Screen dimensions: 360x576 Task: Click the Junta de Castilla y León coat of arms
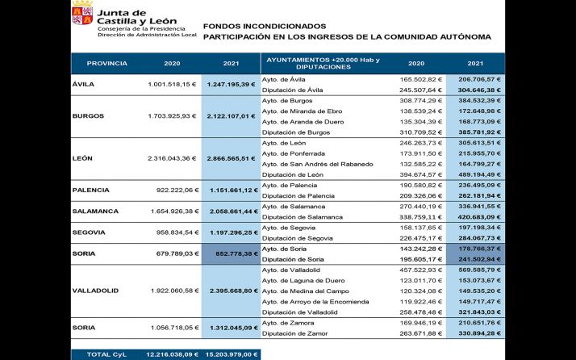click(x=82, y=15)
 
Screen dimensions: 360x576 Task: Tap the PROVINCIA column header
click(x=106, y=63)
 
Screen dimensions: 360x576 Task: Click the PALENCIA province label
click(x=91, y=190)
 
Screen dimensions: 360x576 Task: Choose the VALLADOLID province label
click(x=95, y=291)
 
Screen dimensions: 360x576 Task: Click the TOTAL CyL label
click(x=108, y=354)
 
